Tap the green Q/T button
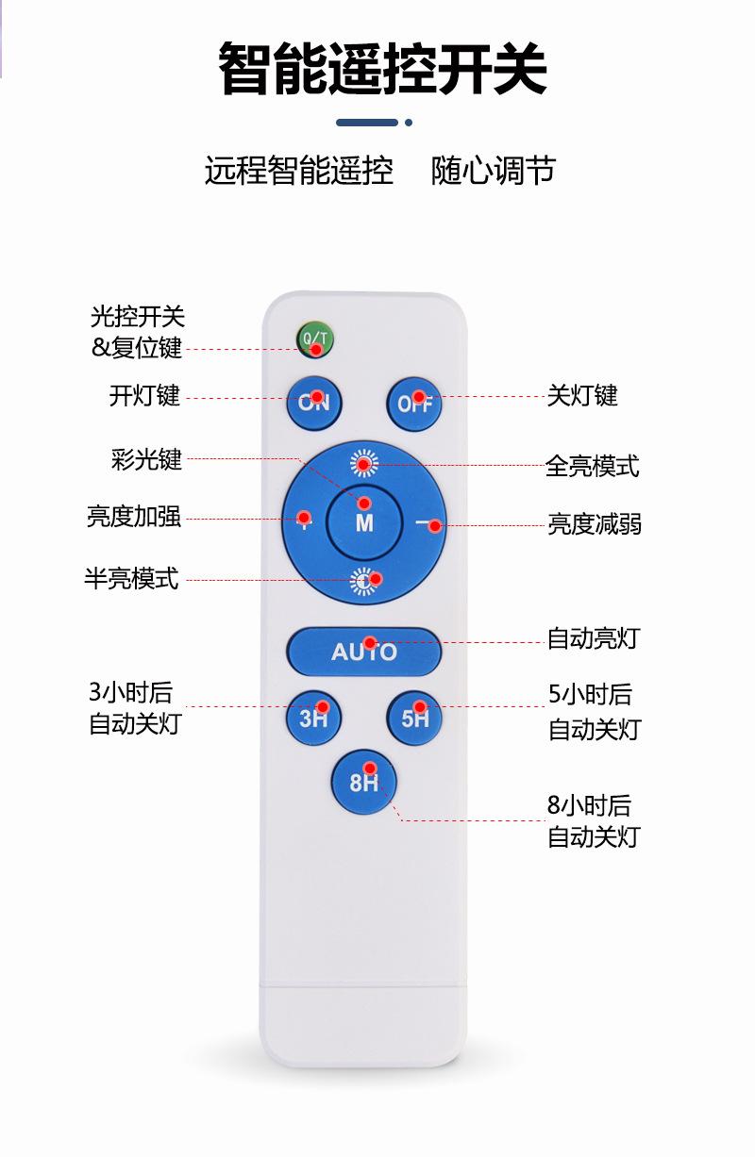315,340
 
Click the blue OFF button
414,403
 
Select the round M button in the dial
364,521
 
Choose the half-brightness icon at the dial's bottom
364,582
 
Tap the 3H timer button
314,718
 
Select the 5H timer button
414,718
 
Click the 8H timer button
363,781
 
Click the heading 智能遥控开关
382,69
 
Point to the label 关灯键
582,395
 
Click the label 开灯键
144,396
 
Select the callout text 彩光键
146,460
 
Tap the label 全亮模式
592,466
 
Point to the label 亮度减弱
595,524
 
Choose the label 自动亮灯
593,638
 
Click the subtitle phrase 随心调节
494,171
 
